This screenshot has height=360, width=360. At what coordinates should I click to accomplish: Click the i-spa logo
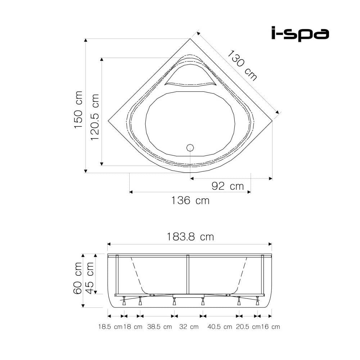[x=300, y=34]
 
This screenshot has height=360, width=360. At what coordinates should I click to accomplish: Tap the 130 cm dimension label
[x=242, y=66]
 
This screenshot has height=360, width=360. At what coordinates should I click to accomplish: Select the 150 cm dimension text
[x=78, y=109]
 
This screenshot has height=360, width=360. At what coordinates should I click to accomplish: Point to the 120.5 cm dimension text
[x=95, y=117]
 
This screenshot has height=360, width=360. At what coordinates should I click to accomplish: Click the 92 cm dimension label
[x=228, y=186]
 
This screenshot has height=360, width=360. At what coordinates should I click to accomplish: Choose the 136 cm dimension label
[x=190, y=201]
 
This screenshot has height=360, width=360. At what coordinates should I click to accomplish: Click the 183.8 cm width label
[x=190, y=237]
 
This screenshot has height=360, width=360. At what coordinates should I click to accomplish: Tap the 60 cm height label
[x=78, y=278]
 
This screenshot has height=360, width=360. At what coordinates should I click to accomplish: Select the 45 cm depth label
[x=90, y=278]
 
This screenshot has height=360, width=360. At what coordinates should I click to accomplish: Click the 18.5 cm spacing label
[x=111, y=327]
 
